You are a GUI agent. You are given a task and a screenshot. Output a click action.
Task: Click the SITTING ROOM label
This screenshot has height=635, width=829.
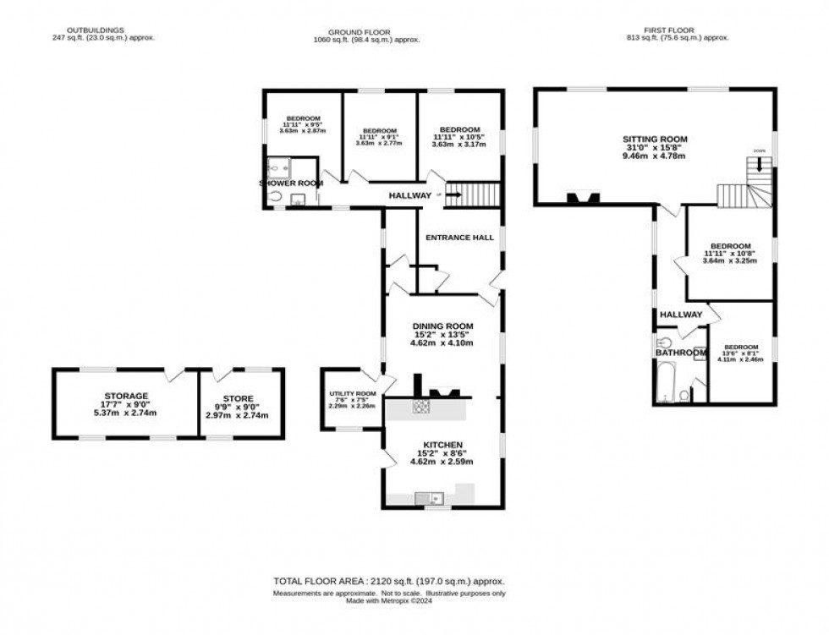click(655, 139)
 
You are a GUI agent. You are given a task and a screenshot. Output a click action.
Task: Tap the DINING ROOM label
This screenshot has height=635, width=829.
click(442, 326)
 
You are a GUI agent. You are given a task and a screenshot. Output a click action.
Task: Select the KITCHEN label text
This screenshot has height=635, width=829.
click(442, 445)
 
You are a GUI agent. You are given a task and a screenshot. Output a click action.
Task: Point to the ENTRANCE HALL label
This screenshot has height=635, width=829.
click(459, 238)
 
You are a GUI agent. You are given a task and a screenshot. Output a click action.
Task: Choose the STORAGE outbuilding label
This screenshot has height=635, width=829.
click(126, 396)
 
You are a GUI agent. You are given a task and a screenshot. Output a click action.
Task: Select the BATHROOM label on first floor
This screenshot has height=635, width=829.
click(680, 353)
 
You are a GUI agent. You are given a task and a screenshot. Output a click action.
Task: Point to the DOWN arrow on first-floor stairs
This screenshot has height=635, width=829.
click(759, 165)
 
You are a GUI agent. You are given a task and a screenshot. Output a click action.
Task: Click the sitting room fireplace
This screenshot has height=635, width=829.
click(584, 199)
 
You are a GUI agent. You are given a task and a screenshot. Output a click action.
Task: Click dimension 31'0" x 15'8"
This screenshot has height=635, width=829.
click(655, 147)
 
